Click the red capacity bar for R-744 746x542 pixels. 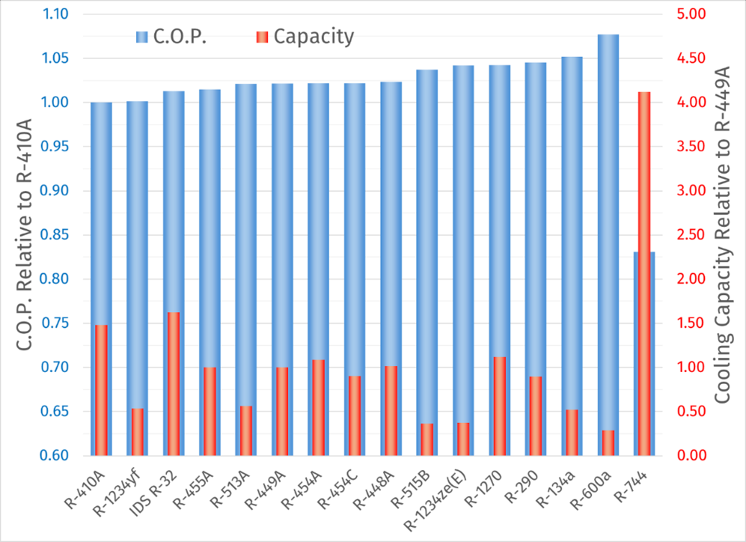644,274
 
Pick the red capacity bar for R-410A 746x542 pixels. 102,390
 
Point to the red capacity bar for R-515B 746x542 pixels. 427,440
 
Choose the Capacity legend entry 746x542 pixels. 305,37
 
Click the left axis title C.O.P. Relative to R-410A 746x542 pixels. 23,235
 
